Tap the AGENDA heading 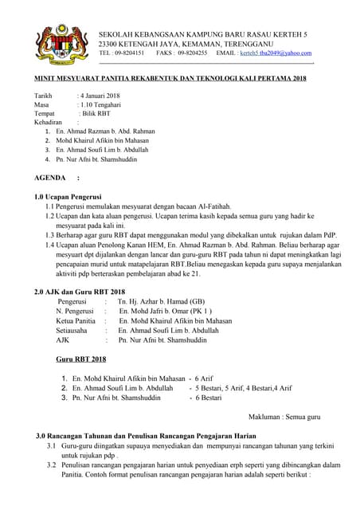coord(49,177)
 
